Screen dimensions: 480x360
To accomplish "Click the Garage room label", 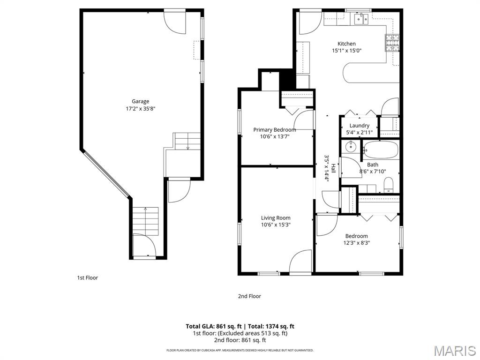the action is tap(141, 101).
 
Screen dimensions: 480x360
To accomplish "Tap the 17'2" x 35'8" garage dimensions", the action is tap(141, 109).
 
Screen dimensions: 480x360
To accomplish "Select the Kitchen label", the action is tap(346, 44).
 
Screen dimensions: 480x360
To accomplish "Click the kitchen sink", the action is tap(361, 19).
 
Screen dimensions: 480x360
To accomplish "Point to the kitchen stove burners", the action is tap(392, 43).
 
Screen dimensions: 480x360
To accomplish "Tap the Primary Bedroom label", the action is tap(275, 130).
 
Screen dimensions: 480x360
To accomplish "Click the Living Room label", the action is tap(276, 218).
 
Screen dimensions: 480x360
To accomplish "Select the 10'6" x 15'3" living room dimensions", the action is tap(276, 225).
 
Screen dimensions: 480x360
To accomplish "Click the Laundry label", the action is tap(360, 126).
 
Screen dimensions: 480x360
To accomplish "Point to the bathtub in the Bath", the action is tap(381, 150).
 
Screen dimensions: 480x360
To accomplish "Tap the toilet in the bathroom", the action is tap(389, 185).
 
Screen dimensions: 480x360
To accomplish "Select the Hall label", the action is tap(333, 168).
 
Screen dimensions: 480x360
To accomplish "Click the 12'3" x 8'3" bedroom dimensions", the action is tap(357, 243).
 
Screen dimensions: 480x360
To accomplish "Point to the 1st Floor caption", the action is tap(88, 277).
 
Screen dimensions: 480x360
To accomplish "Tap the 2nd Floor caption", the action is tap(249, 296).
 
